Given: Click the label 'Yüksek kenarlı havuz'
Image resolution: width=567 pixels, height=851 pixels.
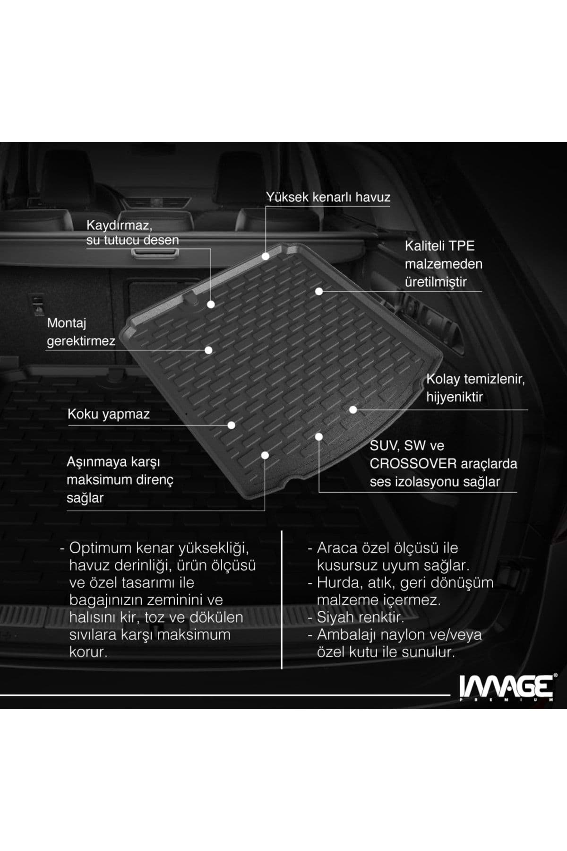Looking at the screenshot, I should pos(328,197).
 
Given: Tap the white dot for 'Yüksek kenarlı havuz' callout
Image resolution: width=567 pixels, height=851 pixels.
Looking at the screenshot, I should pos(266,256).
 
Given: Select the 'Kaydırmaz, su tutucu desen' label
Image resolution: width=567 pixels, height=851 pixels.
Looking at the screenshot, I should pos(132,232).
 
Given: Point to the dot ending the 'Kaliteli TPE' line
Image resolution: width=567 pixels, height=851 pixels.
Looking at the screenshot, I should pos(319,292).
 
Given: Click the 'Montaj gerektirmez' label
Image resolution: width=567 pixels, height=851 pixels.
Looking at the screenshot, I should pos(81,332).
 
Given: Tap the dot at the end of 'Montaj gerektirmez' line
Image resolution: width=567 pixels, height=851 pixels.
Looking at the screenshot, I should pos(208,350).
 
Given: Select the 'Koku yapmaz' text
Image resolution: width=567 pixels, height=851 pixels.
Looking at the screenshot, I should pos(108,414).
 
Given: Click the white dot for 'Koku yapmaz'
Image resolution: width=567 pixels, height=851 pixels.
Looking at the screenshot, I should pos(231,425).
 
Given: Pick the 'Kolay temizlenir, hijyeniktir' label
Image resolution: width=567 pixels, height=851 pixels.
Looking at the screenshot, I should pos(475,388).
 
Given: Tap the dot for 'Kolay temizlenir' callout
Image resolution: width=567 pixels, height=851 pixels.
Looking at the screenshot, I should pos(353,410).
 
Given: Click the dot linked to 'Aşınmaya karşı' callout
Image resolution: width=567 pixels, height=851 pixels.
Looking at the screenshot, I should pos(265,455).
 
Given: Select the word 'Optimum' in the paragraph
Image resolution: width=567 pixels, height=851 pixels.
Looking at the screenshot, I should pos(100,548).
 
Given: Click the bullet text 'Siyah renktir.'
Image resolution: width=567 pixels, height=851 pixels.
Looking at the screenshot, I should pos(360,617).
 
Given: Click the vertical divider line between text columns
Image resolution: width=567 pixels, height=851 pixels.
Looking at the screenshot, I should pos(282,600).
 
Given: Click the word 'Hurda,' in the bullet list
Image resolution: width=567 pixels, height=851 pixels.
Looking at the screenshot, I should pos(338,582).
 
